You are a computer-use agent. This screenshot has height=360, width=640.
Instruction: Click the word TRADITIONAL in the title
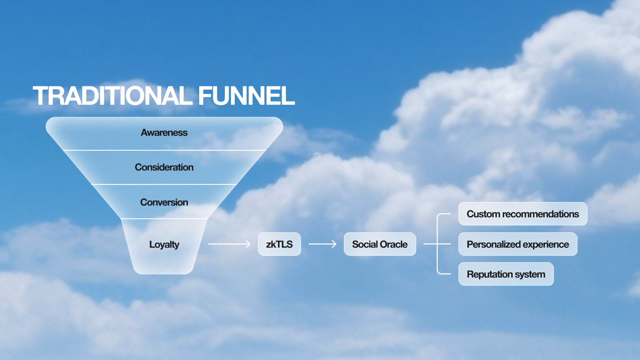click(112, 96)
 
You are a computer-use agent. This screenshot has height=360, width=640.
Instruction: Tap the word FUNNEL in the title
click(246, 96)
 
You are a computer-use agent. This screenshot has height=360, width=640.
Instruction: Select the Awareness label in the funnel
click(164, 133)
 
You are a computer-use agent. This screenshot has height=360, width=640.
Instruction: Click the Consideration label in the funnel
click(164, 167)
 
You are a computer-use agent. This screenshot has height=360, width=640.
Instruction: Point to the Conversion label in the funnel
click(164, 202)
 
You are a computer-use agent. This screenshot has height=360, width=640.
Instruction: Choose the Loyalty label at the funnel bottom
click(164, 244)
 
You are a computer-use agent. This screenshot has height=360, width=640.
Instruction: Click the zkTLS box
click(279, 244)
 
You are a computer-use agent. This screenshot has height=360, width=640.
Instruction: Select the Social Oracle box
click(380, 244)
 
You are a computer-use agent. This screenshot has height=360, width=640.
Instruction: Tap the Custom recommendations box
click(522, 214)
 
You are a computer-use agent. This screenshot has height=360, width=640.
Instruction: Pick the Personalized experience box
click(518, 244)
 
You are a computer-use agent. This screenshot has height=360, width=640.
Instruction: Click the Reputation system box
click(506, 274)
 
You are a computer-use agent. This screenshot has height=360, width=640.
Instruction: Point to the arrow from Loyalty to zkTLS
click(229, 244)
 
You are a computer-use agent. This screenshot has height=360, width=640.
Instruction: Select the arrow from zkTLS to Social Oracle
click(322, 244)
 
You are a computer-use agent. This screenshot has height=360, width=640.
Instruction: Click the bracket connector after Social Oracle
click(438, 244)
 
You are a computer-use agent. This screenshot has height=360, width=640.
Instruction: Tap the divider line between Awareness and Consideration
click(164, 150)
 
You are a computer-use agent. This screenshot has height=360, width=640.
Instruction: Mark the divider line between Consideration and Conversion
click(164, 184)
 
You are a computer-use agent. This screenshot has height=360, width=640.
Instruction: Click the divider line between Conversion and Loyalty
click(164, 219)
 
